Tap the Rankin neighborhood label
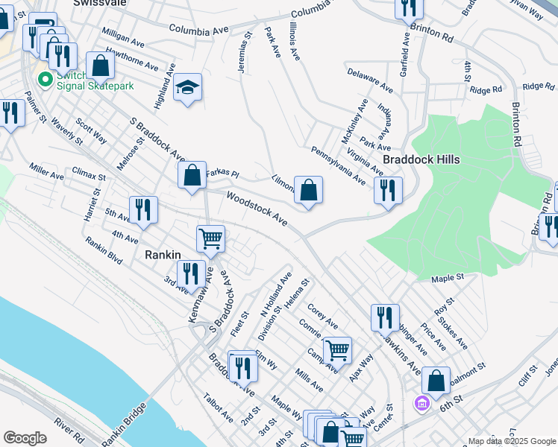[161, 255]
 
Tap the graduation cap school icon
[188, 88]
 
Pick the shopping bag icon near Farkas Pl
[192, 177]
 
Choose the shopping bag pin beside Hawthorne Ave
[100, 66]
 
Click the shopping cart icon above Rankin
[210, 239]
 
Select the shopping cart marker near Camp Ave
[337, 349]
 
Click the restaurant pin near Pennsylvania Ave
[388, 190]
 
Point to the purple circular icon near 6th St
[421, 403]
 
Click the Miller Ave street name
[46, 172]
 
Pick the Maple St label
[448, 278]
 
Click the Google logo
[25, 438]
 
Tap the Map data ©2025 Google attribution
[511, 441]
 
